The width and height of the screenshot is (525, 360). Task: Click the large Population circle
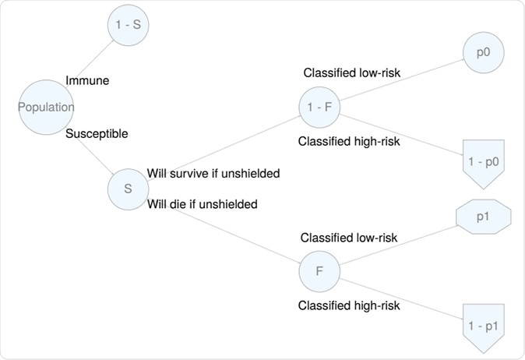[47, 108]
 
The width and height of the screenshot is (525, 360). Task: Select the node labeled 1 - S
[128, 25]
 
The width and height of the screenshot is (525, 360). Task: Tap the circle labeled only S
[129, 189]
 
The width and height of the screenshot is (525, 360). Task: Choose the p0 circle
[483, 53]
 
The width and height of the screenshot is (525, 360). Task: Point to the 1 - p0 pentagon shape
[483, 163]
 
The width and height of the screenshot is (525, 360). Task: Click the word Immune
[87, 80]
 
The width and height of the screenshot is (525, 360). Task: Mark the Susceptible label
[97, 133]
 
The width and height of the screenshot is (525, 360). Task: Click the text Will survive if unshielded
[213, 173]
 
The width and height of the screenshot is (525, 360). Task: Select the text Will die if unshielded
[202, 204]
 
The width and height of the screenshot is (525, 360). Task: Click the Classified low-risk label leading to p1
[349, 237]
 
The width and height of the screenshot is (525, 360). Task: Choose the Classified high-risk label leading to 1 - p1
[349, 305]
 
